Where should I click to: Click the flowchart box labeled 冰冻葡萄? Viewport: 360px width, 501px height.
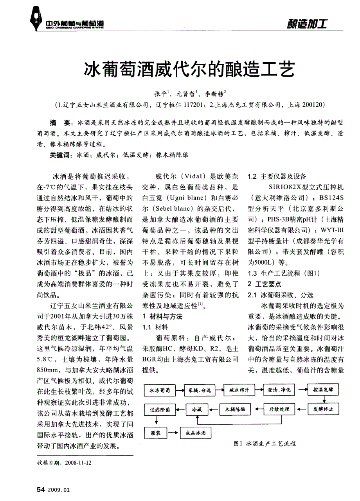click(x=159, y=390)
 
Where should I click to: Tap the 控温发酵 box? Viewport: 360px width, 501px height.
click(x=323, y=390)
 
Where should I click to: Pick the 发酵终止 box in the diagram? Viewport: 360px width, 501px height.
click(x=323, y=409)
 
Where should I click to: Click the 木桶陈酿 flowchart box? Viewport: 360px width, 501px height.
click(x=235, y=409)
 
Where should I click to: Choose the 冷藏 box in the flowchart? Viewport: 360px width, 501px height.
click(x=196, y=409)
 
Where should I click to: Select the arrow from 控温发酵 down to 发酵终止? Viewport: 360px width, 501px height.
click(x=323, y=399)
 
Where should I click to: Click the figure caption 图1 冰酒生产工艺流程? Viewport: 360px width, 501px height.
click(x=264, y=444)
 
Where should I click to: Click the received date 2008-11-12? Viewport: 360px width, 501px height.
click(x=78, y=463)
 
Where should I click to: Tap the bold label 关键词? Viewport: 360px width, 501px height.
click(x=59, y=155)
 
